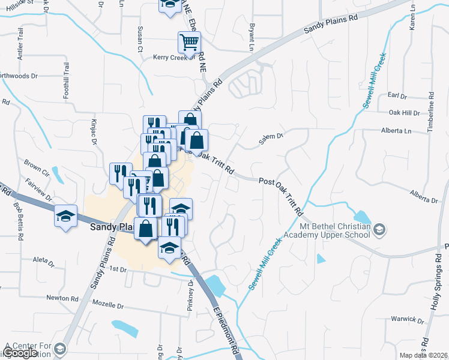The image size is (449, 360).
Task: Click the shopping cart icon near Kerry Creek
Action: (189, 42)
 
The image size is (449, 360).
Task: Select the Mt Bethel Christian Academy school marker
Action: (379, 229)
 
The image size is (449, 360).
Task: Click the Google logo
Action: (20, 353)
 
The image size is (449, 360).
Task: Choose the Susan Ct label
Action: (140, 38)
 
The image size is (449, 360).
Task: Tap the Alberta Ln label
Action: (396, 131)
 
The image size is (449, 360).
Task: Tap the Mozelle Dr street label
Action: (108, 305)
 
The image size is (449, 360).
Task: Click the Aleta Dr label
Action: (44, 263)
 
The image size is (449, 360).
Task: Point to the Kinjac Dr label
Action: (94, 134)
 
